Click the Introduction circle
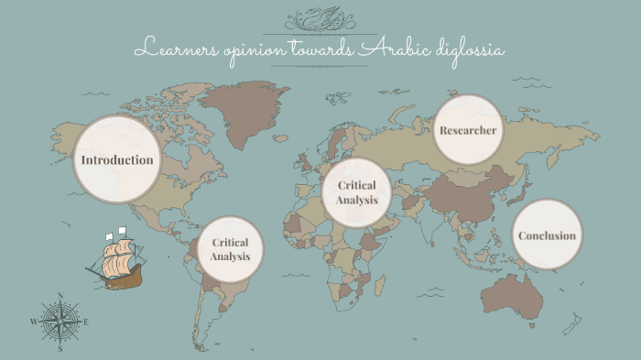116,159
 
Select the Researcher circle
468,130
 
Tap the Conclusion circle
547,235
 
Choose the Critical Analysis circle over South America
230,249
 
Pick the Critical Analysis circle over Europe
357,193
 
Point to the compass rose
60,322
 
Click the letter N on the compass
60,296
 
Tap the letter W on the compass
34,322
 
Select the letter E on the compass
86,322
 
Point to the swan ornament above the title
320,18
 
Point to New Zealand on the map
573,322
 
